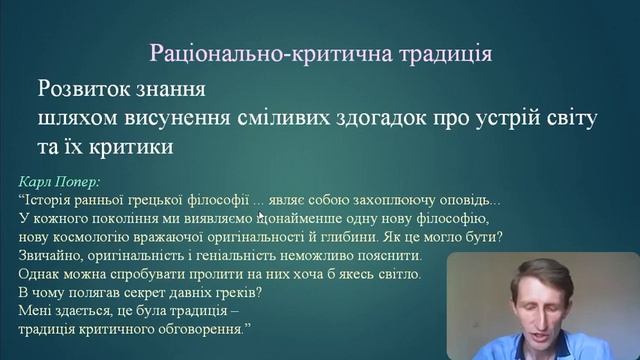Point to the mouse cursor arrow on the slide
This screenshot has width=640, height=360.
coord(261,214)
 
